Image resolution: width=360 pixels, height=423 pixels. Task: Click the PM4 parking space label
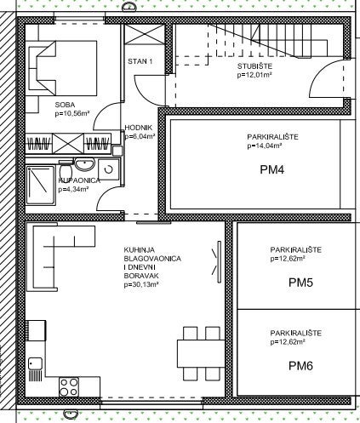coord(271,169)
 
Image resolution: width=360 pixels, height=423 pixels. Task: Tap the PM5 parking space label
coord(300,283)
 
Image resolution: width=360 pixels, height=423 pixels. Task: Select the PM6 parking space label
coord(300,366)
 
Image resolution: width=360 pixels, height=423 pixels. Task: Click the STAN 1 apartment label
coord(140,61)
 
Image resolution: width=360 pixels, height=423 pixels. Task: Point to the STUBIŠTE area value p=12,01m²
coord(254,75)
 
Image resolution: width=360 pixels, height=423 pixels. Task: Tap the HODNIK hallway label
coord(139,128)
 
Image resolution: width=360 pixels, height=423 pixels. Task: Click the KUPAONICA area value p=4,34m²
coord(74,189)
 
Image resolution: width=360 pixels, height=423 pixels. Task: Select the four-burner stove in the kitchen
coord(69,387)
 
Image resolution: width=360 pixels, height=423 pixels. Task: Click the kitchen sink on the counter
coord(36,369)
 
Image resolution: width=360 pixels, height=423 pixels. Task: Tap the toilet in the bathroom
coord(66,169)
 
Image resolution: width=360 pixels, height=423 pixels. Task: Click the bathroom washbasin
coord(84,164)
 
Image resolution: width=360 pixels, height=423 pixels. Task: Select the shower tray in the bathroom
coord(40,185)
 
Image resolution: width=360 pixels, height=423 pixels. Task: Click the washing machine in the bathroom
coord(108,169)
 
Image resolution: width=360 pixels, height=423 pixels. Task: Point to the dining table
coord(201,353)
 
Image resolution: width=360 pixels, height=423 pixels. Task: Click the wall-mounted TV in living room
coord(219,261)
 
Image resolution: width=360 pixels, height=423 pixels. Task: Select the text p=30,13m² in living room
coord(141,284)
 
